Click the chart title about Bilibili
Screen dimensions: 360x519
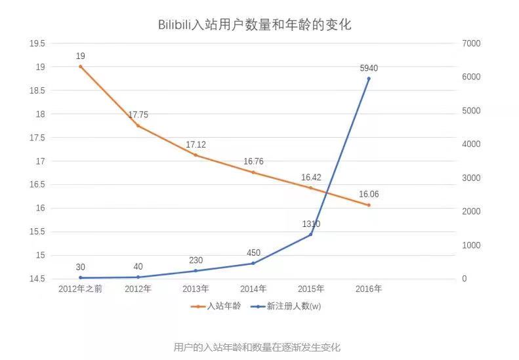click(255, 25)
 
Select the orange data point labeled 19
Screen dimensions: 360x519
click(80, 66)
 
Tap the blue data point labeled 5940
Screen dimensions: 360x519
click(369, 79)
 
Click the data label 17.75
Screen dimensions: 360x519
click(138, 115)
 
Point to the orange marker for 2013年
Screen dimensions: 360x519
click(196, 155)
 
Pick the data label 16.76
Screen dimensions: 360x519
click(253, 161)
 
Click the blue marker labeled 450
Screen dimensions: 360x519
click(253, 264)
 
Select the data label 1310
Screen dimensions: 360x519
click(311, 224)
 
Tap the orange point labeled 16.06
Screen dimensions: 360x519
click(369, 205)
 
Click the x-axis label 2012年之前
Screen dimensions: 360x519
click(80, 289)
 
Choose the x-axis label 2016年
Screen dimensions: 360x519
click(368, 289)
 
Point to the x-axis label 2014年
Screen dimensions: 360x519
click(253, 289)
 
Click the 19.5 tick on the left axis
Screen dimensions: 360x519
click(37, 43)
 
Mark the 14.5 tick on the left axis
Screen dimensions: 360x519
click(37, 279)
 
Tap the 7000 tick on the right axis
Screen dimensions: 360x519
click(472, 43)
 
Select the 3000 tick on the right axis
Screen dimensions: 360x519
click(472, 178)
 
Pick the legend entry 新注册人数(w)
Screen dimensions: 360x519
click(293, 306)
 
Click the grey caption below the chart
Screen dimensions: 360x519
click(257, 347)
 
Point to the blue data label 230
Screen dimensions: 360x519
click(196, 260)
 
